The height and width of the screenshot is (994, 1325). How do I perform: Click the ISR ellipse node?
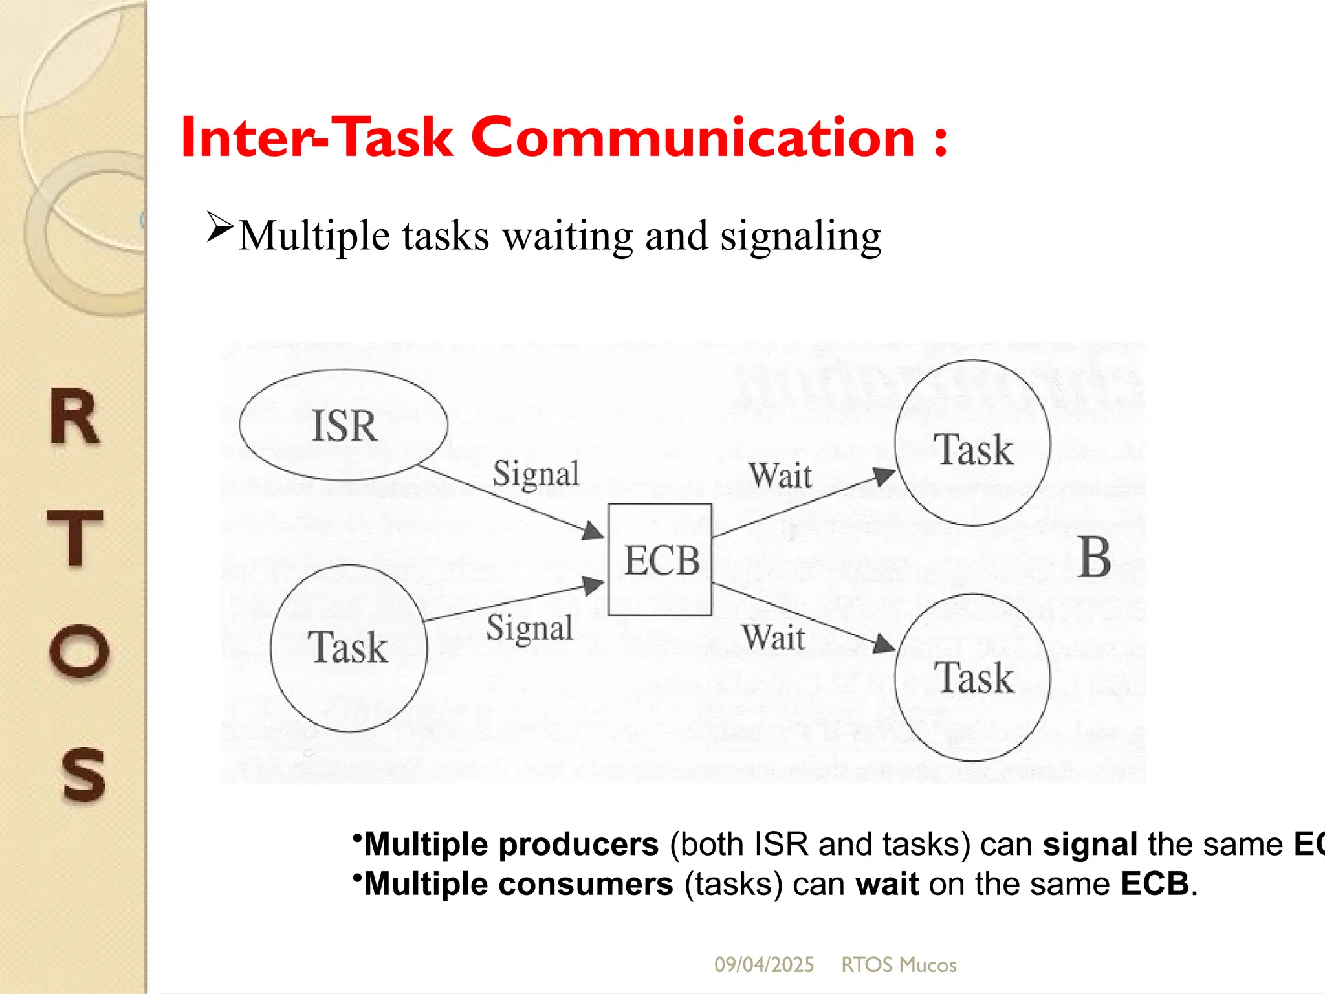[x=343, y=425]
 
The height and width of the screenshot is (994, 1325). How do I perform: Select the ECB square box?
[x=660, y=560]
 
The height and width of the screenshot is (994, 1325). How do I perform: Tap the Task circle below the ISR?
[x=349, y=648]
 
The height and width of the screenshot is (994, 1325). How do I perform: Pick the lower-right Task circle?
[x=973, y=678]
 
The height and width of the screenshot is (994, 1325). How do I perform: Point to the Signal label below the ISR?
[x=536, y=474]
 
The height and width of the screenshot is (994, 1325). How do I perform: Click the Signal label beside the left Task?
[x=530, y=628]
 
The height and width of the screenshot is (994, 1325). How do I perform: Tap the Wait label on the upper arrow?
[x=780, y=476]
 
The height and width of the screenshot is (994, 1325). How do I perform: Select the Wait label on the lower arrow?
[x=774, y=637]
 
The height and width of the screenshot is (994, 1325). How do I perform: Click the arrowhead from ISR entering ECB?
[x=592, y=531]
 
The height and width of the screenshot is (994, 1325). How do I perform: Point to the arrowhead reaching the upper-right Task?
[x=884, y=477]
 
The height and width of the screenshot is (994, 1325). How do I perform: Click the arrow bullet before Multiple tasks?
[x=219, y=227]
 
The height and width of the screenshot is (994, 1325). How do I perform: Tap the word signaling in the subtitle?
[x=800, y=236]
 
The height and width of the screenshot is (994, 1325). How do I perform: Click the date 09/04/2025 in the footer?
[x=764, y=965]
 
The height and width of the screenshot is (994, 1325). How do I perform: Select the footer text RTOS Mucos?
[x=899, y=965]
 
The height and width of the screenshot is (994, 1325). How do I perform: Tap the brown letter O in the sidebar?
[x=79, y=651]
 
